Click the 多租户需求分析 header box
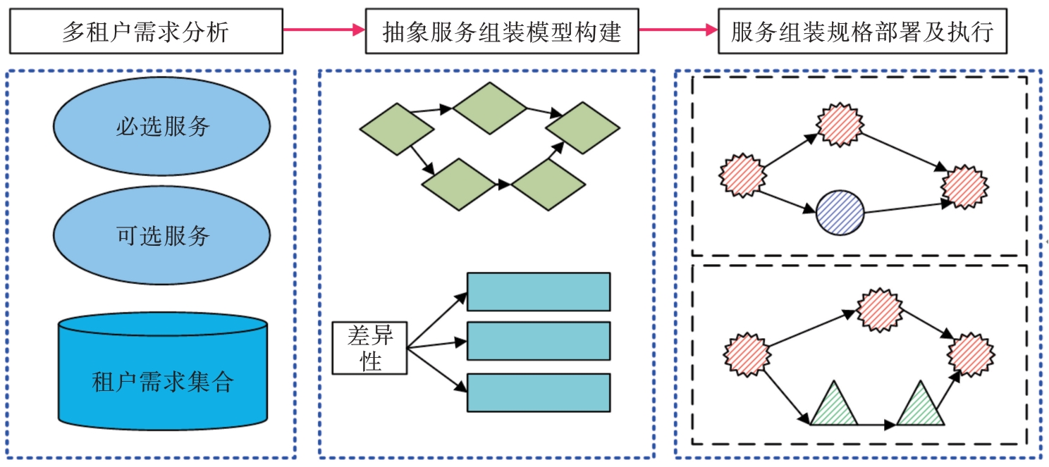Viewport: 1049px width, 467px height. pyautogui.click(x=146, y=31)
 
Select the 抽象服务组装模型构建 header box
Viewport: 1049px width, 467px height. pyautogui.click(x=501, y=31)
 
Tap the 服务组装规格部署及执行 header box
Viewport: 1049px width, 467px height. pyautogui.click(x=861, y=31)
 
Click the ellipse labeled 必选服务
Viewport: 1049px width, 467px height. pyautogui.click(x=161, y=126)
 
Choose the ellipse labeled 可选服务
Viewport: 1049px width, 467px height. pyautogui.click(x=161, y=235)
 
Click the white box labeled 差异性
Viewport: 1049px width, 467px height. pyautogui.click(x=370, y=347)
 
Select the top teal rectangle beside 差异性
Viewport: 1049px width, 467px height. pyautogui.click(x=538, y=292)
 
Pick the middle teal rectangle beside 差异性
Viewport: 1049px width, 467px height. pyautogui.click(x=538, y=341)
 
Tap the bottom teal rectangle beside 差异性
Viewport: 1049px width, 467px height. pyautogui.click(x=538, y=392)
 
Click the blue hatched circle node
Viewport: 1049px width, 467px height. pyautogui.click(x=840, y=213)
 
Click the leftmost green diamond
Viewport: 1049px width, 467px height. pyautogui.click(x=396, y=129)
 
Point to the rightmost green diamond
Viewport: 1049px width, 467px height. pyautogui.click(x=583, y=127)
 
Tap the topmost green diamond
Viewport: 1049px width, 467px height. pyautogui.click(x=489, y=108)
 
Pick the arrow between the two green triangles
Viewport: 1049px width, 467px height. pyautogui.click(x=878, y=425)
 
